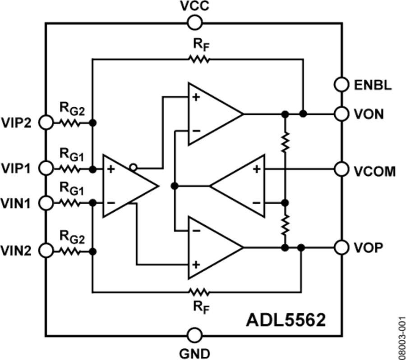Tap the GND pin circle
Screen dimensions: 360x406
tap(195, 335)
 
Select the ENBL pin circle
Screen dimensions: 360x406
tap(342, 84)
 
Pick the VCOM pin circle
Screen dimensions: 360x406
tap(342, 169)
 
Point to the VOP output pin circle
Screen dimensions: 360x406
tap(342, 247)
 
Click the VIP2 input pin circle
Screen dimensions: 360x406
tap(46, 122)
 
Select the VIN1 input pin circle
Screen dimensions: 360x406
tap(46, 203)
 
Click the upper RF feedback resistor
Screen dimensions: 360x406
tap(199, 59)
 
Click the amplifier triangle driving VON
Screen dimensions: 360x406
tap(212, 114)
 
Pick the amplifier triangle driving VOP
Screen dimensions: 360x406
tap(212, 247)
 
